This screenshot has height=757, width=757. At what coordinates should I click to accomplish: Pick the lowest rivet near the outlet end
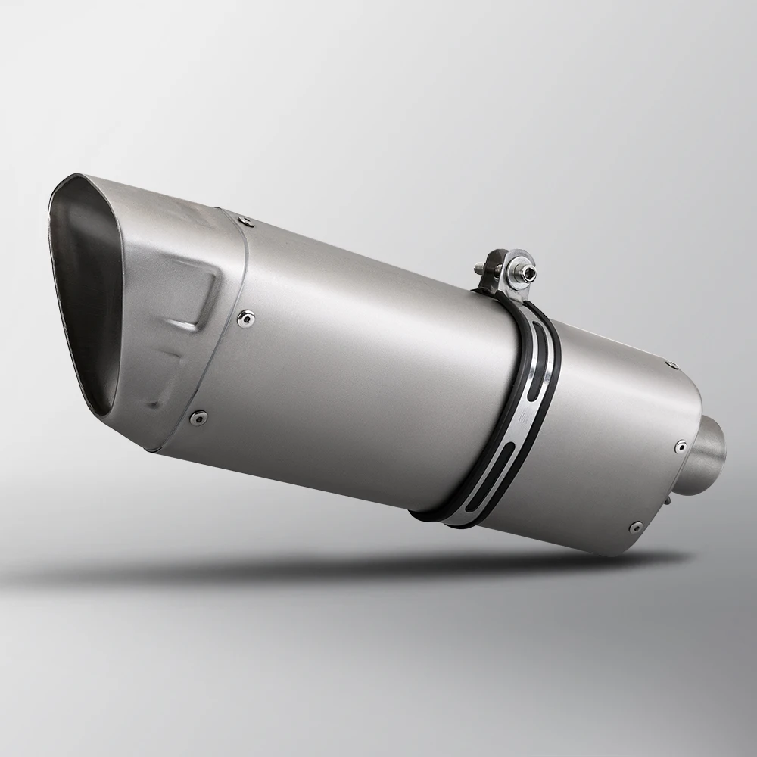coord(199,415)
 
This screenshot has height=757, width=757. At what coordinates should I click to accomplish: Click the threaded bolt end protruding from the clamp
coord(481,268)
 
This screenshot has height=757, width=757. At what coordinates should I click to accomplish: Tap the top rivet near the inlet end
coord(671,365)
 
